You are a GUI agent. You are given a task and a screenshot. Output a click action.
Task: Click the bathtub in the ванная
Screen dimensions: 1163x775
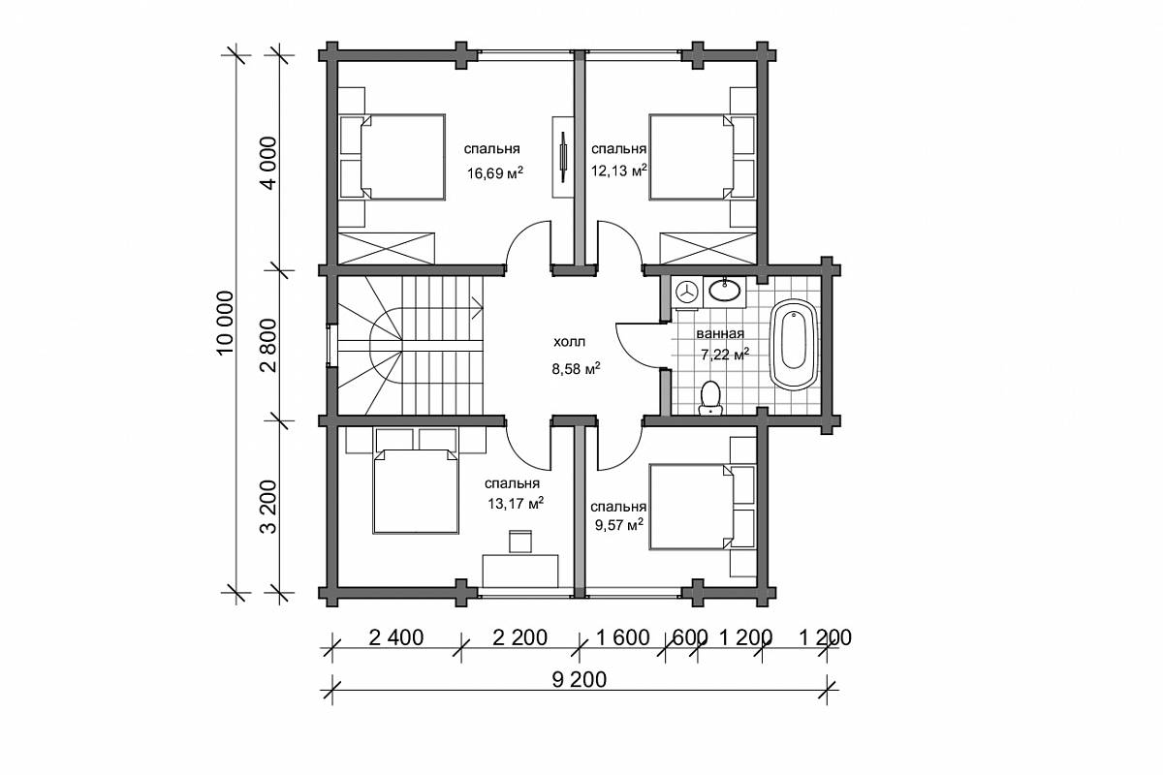794,344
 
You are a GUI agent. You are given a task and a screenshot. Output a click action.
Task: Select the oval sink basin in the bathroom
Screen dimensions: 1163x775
725,291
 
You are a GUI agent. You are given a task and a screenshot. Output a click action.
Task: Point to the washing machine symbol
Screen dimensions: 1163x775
686,293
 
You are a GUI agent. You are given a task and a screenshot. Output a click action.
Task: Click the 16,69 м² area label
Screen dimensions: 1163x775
494,172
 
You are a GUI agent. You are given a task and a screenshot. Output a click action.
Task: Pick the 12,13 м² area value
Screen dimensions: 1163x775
619,170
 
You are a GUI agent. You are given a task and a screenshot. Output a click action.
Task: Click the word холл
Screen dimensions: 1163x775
570,342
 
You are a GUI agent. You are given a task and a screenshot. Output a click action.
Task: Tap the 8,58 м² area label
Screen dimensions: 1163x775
577,369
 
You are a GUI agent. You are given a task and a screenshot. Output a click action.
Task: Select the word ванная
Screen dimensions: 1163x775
720,334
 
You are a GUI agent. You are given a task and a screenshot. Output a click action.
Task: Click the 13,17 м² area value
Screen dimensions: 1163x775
516,503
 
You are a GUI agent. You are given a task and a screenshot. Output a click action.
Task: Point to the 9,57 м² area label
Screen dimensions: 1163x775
619,525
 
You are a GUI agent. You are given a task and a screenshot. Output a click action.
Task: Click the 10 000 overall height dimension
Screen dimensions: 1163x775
227,323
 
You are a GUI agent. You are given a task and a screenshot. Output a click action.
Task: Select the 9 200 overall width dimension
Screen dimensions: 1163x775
579,679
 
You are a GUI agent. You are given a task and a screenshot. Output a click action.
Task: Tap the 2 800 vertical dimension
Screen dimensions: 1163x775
270,346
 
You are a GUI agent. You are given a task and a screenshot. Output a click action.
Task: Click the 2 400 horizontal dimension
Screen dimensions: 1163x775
396,637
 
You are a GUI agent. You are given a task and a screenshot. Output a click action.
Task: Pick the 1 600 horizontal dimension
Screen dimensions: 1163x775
622,637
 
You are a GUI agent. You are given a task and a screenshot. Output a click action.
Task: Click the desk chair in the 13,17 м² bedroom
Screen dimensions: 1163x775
520,542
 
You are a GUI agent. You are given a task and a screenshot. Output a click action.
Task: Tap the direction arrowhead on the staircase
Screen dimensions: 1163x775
478,308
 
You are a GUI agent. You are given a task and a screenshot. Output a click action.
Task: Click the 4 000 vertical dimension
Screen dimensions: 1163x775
270,163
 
